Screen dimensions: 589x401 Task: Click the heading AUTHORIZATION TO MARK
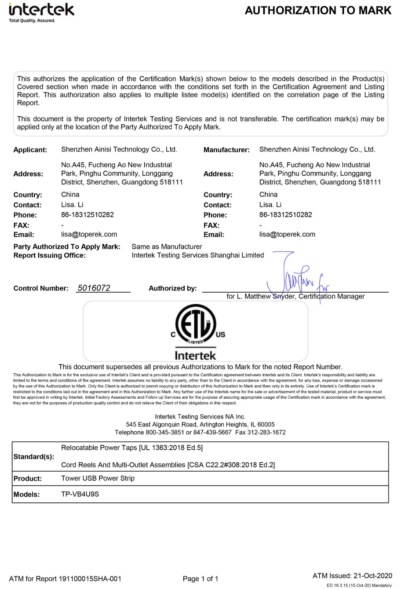pos(318,10)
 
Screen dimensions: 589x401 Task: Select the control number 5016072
pos(94,288)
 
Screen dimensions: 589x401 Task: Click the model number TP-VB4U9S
pos(80,494)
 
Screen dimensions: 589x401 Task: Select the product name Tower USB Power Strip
pos(98,478)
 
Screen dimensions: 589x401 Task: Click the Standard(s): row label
pos(34,456)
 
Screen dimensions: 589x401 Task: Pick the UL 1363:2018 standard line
pos(132,448)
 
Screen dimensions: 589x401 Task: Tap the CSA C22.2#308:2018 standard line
pos(168,465)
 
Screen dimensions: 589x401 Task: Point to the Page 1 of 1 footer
pos(200,579)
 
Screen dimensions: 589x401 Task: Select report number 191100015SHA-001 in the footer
pos(90,579)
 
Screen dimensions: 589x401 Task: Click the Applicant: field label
pos(30,150)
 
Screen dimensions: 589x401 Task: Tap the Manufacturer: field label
pos(226,150)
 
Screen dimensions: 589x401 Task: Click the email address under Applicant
pos(89,234)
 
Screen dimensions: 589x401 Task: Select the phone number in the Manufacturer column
pos(285,215)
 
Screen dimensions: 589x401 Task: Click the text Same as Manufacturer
pos(167,247)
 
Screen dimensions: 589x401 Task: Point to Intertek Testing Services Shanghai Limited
pos(198,255)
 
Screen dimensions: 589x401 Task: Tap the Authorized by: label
pos(173,288)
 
